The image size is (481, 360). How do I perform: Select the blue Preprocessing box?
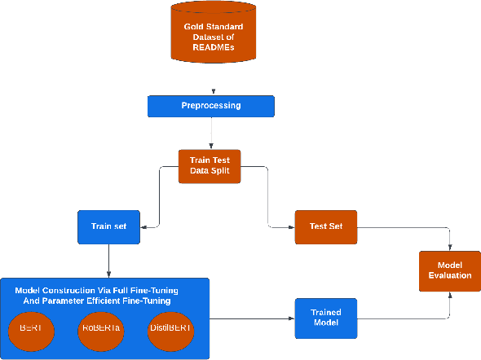(211, 106)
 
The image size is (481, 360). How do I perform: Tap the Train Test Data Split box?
(210, 166)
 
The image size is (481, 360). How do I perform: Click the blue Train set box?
(108, 226)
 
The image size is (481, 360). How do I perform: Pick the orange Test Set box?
(325, 226)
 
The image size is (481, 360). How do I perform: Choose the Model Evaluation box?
(449, 270)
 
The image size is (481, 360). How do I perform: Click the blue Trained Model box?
(325, 318)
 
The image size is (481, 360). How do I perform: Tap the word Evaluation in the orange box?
(449, 275)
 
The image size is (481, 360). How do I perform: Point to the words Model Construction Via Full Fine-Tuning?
(96, 290)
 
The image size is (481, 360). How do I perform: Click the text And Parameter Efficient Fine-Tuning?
(96, 301)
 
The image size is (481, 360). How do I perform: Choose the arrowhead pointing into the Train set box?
(143, 226)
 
